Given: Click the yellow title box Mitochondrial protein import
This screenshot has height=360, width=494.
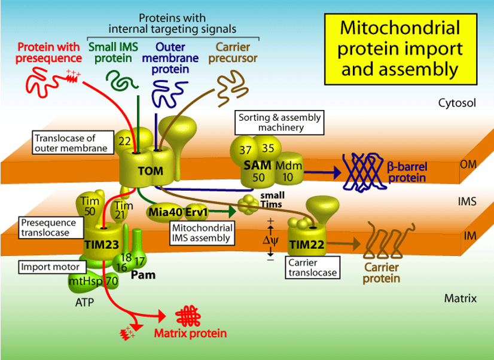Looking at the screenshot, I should (x=399, y=48).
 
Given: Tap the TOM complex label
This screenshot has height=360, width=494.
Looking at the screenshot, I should (x=150, y=171).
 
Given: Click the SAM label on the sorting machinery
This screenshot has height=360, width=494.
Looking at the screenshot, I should (x=257, y=164).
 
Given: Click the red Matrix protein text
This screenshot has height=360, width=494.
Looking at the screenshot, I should (x=191, y=333).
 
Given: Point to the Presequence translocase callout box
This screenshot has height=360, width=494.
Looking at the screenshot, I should (x=48, y=227).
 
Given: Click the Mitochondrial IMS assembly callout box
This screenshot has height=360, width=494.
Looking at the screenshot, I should (x=201, y=233).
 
